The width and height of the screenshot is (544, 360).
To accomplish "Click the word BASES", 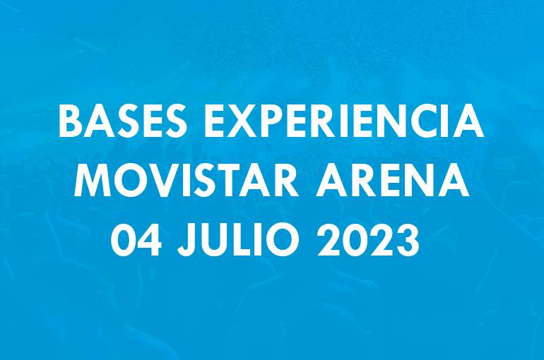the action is coord(122,121).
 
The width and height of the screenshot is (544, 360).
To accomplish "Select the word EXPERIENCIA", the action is coord(343,121).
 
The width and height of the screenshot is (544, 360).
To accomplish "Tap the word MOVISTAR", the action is coord(186,181).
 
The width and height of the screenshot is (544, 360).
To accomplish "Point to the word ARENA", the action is coord(392,181).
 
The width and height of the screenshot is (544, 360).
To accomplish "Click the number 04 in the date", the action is coord(136,239).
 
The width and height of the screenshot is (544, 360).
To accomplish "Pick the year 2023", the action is coord(368,239).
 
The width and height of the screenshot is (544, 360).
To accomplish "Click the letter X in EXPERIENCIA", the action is coord(246,121).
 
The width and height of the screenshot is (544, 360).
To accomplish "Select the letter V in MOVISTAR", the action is coord(162,181).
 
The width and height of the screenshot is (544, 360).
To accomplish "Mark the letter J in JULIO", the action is coord(187,239).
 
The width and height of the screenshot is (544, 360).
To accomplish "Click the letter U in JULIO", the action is coord(215,239).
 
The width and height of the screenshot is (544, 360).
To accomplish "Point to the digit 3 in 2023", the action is coord(408,239).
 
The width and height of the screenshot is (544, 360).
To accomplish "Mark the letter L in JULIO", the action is coord(244,239).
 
